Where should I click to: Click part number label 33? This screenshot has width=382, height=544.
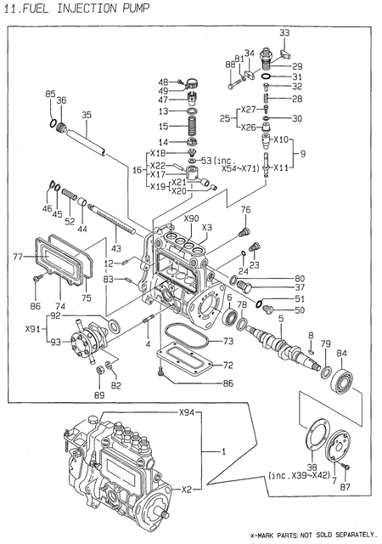(x=284, y=33)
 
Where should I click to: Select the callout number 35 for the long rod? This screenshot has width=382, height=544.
(x=86, y=115)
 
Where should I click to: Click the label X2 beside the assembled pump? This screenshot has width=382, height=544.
(x=186, y=490)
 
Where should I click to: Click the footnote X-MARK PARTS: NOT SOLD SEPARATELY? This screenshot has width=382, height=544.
(x=312, y=533)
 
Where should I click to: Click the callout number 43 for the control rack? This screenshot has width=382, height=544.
(x=115, y=247)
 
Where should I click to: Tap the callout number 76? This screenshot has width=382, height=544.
(x=244, y=209)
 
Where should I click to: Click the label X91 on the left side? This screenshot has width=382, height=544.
(x=33, y=328)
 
